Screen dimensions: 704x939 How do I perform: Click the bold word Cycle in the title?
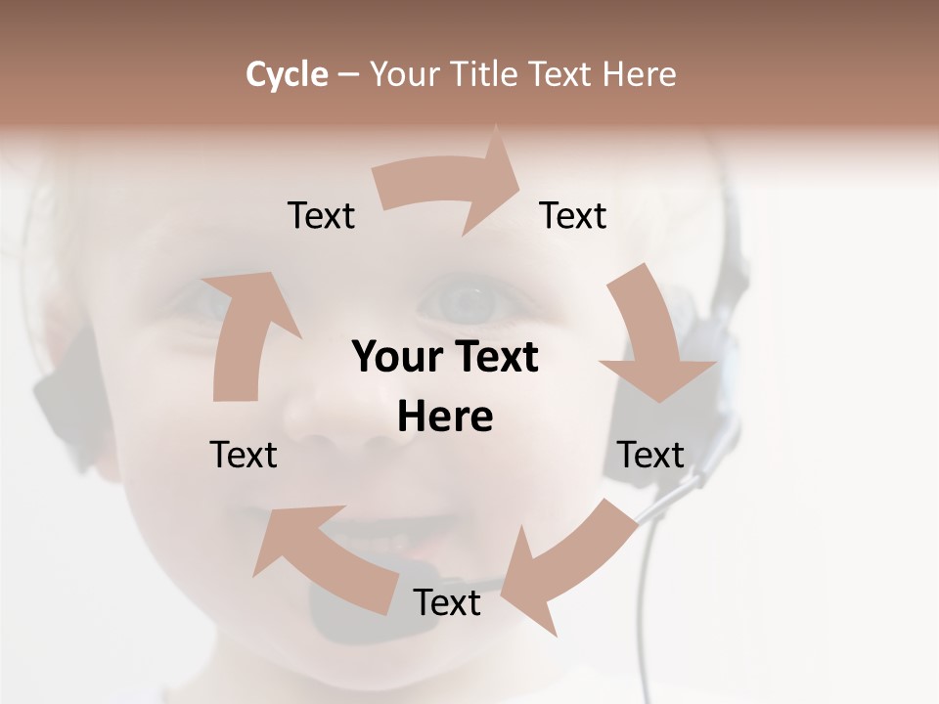click(x=287, y=73)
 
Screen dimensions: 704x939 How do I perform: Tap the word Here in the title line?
click(x=639, y=73)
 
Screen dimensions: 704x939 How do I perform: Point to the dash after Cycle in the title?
click(x=349, y=74)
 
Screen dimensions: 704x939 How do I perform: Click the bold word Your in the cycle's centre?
click(x=397, y=357)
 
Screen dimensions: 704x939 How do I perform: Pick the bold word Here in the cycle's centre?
click(x=445, y=418)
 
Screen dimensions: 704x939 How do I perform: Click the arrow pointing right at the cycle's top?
click(x=450, y=186)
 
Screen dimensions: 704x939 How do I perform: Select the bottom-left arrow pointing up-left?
click(x=323, y=557)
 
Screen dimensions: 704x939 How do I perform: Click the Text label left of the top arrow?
click(x=321, y=215)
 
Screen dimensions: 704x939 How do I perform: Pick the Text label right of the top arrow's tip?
click(x=573, y=215)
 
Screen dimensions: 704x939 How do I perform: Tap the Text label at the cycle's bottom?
click(x=447, y=602)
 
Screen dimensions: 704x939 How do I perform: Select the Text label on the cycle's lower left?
click(x=244, y=455)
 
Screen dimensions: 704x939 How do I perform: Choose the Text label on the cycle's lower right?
click(x=650, y=455)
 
